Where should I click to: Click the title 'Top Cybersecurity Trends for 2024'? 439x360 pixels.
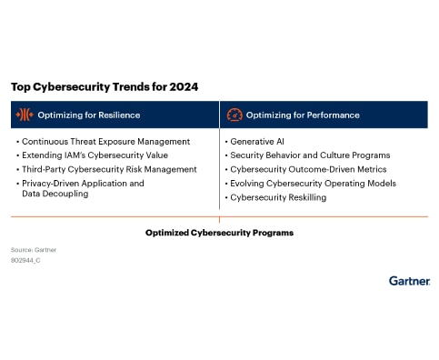(104, 87)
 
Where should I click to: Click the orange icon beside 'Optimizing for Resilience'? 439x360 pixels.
(25, 115)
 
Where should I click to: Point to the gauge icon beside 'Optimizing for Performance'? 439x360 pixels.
(234, 115)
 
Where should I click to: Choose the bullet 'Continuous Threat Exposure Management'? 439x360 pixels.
(105, 142)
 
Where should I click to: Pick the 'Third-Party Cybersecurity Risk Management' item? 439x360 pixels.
(109, 169)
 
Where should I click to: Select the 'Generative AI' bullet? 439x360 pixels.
(258, 142)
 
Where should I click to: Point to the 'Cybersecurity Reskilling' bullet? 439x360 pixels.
(277, 197)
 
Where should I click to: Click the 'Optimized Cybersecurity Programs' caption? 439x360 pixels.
(219, 233)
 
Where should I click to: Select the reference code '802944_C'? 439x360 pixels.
(25, 260)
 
